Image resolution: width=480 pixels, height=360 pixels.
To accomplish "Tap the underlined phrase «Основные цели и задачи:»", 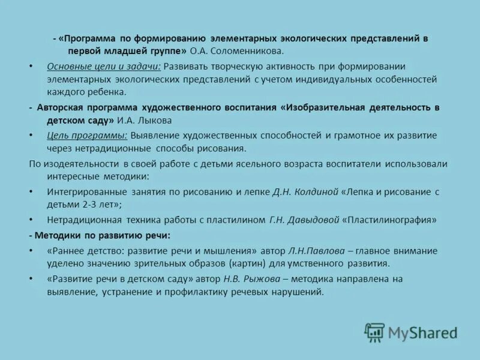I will point(104,66).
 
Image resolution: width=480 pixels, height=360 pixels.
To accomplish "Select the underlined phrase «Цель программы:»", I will point(87,136).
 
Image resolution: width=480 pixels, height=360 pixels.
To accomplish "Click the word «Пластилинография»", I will point(391,220).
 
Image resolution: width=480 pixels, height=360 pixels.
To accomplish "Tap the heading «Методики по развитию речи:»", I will point(103,235).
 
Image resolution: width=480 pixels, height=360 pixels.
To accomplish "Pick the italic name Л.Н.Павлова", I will point(312,251).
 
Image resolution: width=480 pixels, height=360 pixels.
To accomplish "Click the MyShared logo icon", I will point(374,332).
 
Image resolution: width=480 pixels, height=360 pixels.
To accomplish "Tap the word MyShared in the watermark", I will point(422,332).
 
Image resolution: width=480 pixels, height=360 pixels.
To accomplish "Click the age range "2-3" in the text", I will point(86,205).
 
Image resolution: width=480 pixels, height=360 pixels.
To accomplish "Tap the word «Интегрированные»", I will point(86,192).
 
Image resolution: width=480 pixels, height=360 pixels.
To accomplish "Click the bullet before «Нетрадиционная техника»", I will point(31,220).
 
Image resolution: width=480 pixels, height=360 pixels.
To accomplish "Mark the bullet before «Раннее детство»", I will point(31,251).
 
